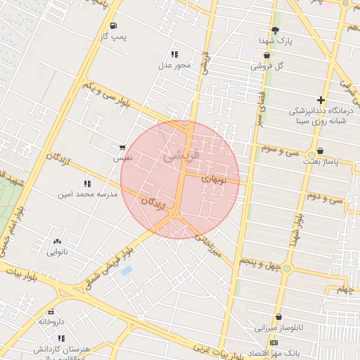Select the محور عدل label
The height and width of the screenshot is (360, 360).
[174, 65]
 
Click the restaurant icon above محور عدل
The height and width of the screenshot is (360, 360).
[174, 54]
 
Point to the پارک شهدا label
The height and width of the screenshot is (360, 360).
[274, 41]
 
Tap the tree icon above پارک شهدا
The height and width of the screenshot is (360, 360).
[274, 30]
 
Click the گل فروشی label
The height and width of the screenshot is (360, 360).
[266, 65]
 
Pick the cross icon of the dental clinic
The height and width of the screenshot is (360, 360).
[321, 101]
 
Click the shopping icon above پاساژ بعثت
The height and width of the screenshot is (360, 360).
[321, 151]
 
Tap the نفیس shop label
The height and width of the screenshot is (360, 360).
[122, 159]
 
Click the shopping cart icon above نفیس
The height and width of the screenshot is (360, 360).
[122, 148]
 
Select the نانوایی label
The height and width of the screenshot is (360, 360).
[57, 252]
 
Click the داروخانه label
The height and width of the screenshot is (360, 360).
[51, 321]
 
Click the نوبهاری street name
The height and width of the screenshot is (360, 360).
[213, 179]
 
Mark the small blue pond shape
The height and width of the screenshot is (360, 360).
[127, 271]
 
